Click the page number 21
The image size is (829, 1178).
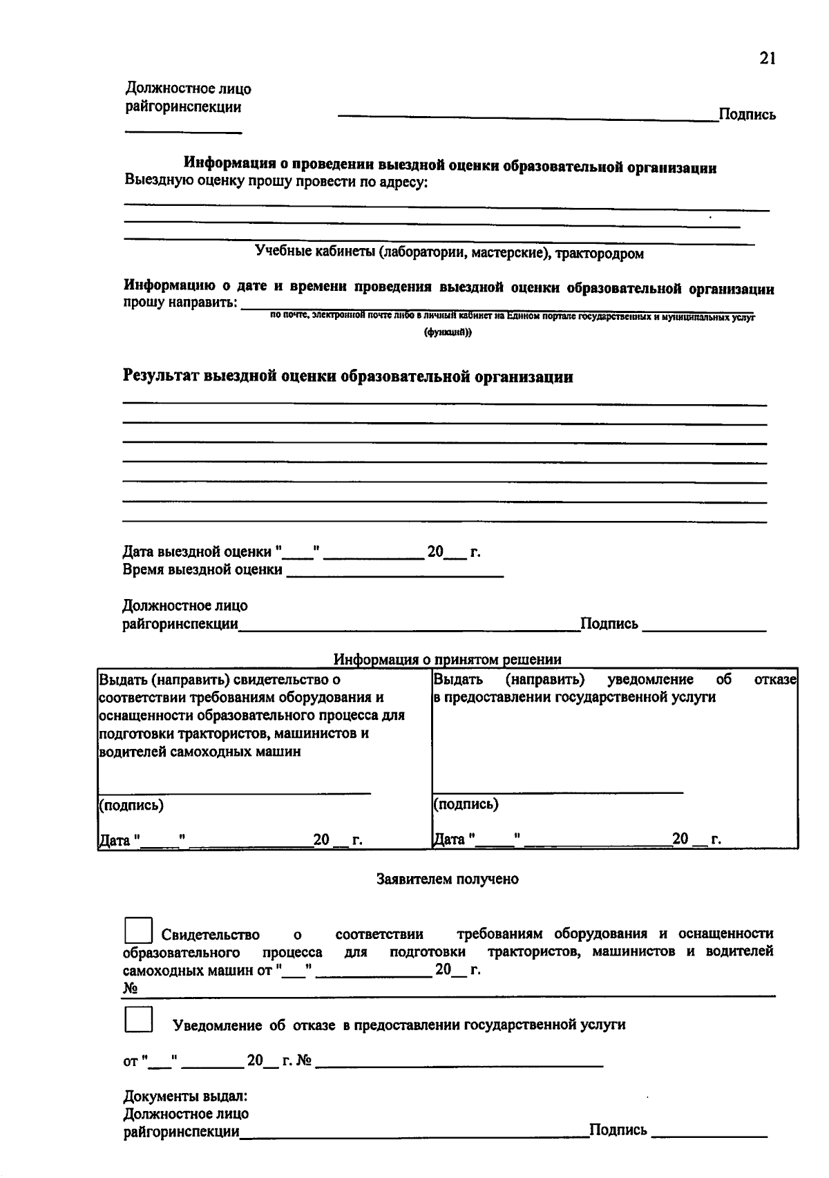[768, 59]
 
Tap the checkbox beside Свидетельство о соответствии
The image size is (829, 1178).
[138, 931]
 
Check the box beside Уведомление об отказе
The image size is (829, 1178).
[138, 1020]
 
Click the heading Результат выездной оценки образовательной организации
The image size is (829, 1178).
[347, 377]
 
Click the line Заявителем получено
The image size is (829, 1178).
[447, 879]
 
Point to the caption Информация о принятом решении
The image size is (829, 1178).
[447, 659]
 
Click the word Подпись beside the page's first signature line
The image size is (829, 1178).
[747, 115]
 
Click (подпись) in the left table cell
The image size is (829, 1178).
[131, 806]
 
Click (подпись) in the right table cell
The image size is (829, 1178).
[466, 804]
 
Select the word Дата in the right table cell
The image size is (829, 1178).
[450, 839]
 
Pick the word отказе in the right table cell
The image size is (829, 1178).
[776, 679]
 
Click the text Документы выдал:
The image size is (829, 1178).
[185, 1096]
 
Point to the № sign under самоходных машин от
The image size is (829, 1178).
[130, 989]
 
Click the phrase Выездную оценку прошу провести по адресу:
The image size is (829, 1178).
[276, 182]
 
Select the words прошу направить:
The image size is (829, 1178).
[180, 303]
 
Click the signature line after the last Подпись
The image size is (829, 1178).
[709, 1134]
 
